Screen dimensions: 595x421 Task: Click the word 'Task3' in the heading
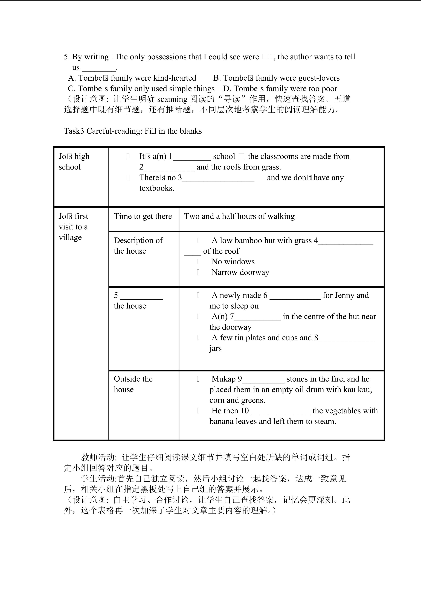coord(74,131)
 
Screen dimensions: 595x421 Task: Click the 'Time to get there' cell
coord(143,216)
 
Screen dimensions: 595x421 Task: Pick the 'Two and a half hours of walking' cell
coord(239,216)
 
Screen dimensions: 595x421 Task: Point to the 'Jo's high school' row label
coord(74,162)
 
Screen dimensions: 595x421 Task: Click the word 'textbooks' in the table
coord(156,188)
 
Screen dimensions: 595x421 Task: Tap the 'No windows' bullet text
coord(233,262)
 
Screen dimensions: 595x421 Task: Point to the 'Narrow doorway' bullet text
coord(240,272)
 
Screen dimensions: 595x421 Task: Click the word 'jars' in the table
coord(215,348)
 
